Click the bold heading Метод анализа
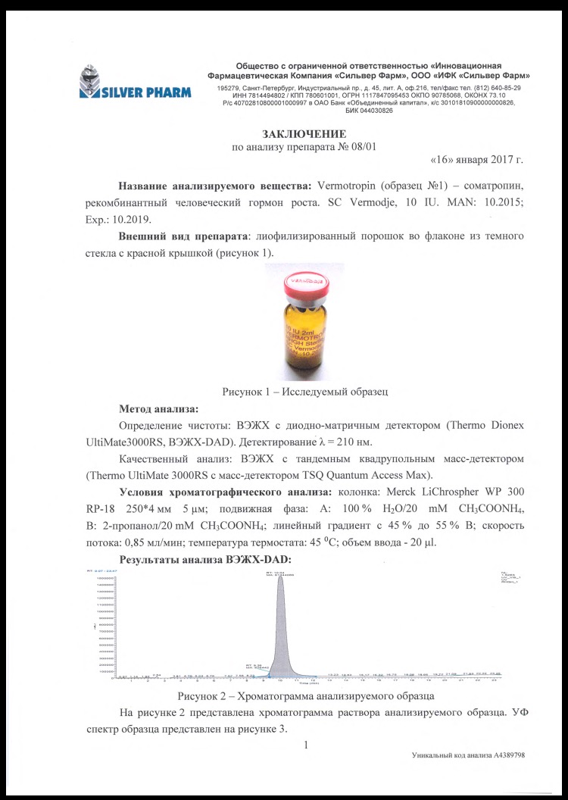coord(153,408)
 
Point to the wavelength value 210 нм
coord(349,441)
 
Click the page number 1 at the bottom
coord(304,745)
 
